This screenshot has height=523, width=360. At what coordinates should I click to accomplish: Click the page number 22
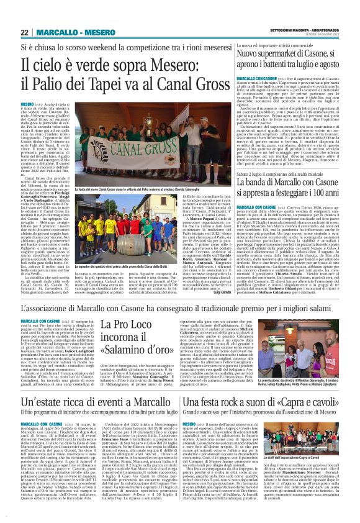[25, 32]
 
